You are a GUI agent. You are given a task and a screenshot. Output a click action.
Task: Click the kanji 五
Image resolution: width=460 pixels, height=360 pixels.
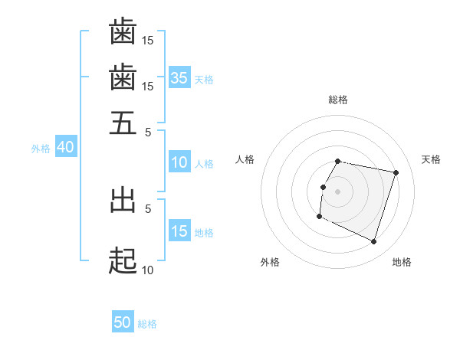[123, 123]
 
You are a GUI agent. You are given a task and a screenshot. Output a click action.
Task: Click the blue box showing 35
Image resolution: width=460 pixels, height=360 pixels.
[179, 77]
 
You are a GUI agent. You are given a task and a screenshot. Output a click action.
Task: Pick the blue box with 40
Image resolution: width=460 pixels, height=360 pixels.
[65, 148]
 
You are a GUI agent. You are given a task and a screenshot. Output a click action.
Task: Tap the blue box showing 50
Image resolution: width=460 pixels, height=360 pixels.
[123, 322]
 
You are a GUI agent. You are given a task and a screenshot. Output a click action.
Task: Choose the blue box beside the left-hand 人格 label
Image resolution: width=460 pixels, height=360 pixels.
[179, 162]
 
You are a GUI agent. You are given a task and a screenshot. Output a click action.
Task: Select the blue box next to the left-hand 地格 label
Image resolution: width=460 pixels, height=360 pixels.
[179, 231]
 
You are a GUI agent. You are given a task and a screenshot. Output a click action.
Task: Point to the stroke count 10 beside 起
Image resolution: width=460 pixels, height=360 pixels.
[147, 270]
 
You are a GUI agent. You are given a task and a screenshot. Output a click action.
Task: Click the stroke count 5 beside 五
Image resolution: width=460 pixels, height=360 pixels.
[148, 131]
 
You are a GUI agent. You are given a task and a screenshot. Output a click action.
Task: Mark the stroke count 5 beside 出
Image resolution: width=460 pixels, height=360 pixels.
[148, 207]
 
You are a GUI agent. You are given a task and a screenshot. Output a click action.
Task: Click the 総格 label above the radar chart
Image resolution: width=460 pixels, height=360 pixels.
[337, 100]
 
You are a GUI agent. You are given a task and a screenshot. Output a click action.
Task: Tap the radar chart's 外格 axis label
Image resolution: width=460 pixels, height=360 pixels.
[270, 262]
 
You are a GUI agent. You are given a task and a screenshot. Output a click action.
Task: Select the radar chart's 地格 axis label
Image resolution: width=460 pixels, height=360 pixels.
[402, 262]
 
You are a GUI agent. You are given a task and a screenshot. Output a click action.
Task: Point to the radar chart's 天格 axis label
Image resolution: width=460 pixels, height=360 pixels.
[431, 159]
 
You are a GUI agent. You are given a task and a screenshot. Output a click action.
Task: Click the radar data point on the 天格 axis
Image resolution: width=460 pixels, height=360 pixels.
[396, 172]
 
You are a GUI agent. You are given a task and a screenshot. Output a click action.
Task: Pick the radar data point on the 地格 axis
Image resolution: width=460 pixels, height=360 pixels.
[373, 241]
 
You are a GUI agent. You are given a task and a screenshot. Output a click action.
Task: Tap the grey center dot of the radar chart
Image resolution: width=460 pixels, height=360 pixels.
[337, 191]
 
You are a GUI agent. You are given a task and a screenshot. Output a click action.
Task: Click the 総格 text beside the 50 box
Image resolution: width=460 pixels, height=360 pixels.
[147, 324]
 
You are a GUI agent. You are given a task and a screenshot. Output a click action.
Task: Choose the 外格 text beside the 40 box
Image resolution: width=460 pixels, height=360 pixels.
[40, 149]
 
